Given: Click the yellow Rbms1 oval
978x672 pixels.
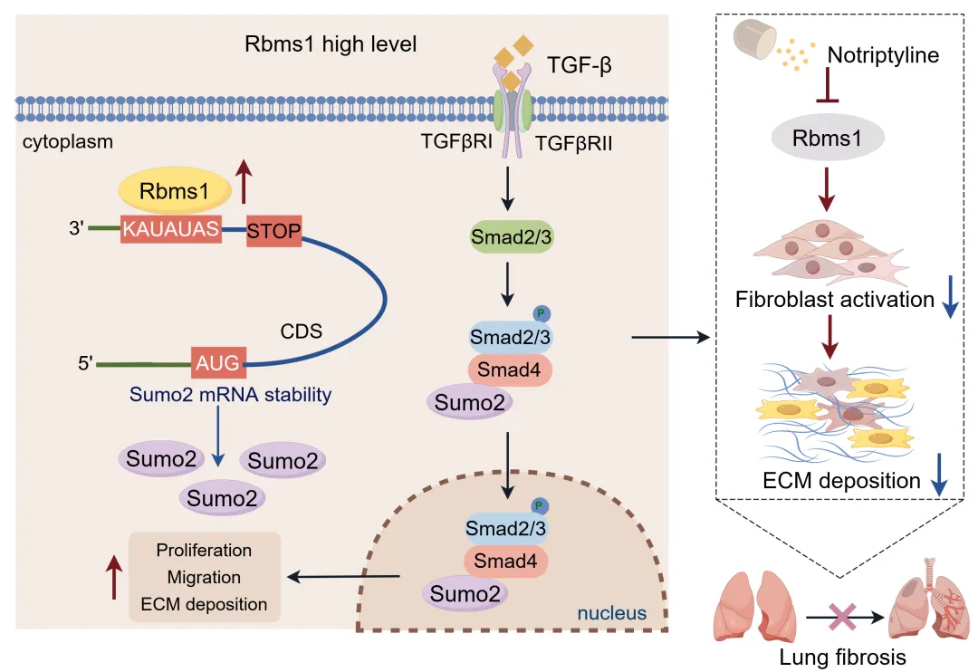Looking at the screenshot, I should [173, 191].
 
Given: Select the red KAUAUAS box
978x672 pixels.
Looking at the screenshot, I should [171, 230].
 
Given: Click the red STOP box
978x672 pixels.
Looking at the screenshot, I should [273, 230].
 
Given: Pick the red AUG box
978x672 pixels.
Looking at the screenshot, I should [216, 363].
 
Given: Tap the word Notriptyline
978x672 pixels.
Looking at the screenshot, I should [884, 55].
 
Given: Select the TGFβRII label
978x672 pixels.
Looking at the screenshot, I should [574, 142].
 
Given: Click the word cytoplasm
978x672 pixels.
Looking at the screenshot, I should [62, 142].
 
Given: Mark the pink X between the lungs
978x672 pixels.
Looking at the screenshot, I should [843, 618].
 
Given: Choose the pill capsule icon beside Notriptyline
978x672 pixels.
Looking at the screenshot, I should [753, 39].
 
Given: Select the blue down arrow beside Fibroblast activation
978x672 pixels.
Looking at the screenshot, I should [948, 300].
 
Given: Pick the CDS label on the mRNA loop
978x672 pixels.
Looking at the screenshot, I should [302, 331].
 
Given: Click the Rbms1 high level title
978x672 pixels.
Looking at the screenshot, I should [331, 44].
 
